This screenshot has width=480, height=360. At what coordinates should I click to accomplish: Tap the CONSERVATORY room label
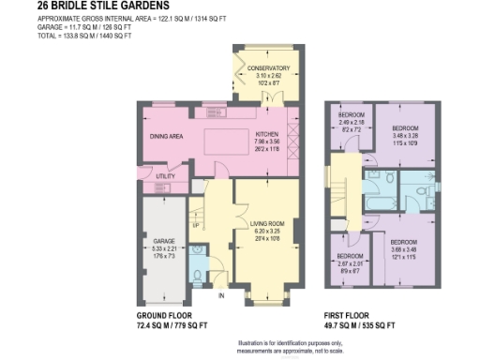click(267, 68)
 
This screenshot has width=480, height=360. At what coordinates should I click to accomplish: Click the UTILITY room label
click(165, 176)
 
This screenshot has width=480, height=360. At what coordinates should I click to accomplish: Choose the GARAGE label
click(164, 242)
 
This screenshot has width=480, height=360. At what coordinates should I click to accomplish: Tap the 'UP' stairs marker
click(195, 226)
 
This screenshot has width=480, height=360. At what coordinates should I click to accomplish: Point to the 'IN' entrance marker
click(221, 296)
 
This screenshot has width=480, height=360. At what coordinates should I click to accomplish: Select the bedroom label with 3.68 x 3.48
click(403, 242)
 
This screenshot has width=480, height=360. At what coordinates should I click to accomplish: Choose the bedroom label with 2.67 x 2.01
click(351, 256)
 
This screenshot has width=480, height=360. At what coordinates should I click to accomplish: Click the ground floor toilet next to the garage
click(197, 272)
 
